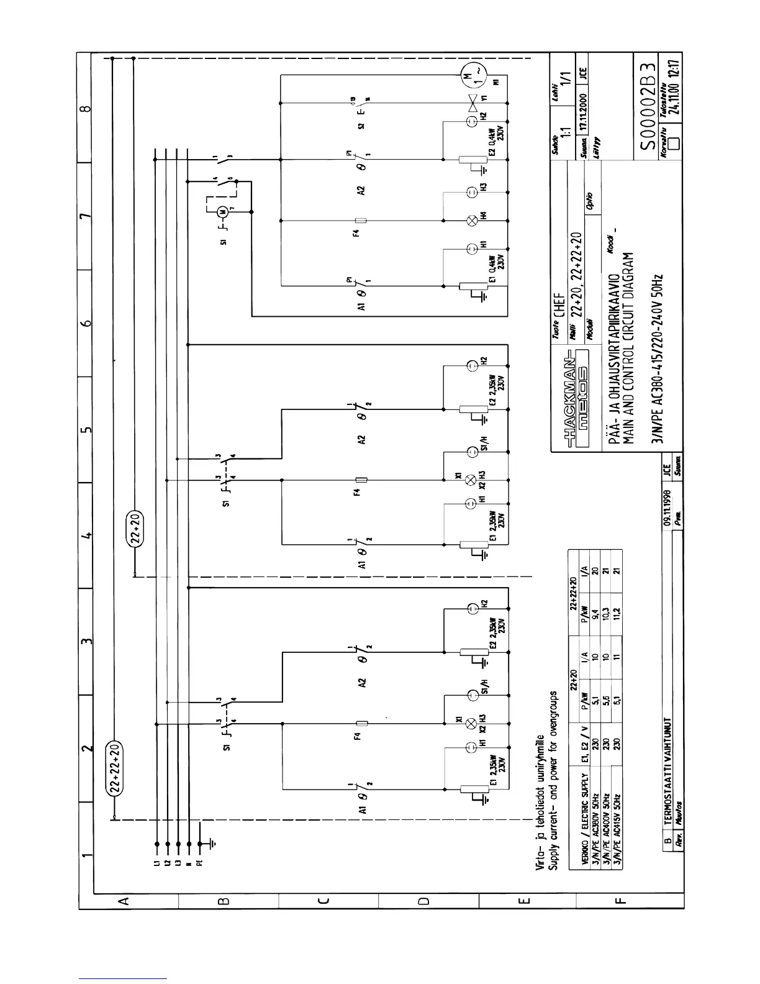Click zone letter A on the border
[x=123, y=900]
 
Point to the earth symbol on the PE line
[x=212, y=844]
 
